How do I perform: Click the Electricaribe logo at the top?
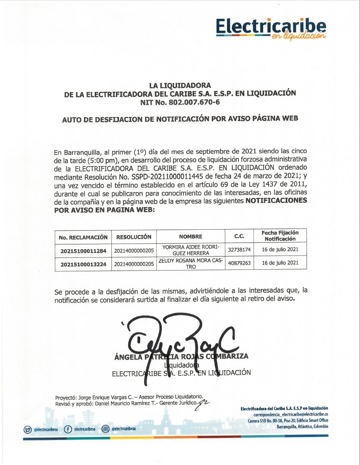click(271, 28)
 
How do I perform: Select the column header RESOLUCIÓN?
click(134, 237)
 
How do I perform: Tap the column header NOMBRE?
click(190, 237)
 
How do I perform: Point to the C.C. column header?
click(239, 236)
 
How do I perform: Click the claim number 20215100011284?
click(83, 251)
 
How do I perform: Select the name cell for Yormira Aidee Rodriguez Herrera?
click(190, 250)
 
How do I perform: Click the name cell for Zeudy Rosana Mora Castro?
click(190, 264)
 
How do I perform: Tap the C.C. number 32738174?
click(239, 250)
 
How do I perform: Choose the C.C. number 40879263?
click(239, 263)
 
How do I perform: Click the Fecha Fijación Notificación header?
click(280, 236)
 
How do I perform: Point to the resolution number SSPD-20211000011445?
click(163, 177)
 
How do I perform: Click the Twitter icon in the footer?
click(28, 429)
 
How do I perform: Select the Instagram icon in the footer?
click(105, 429)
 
